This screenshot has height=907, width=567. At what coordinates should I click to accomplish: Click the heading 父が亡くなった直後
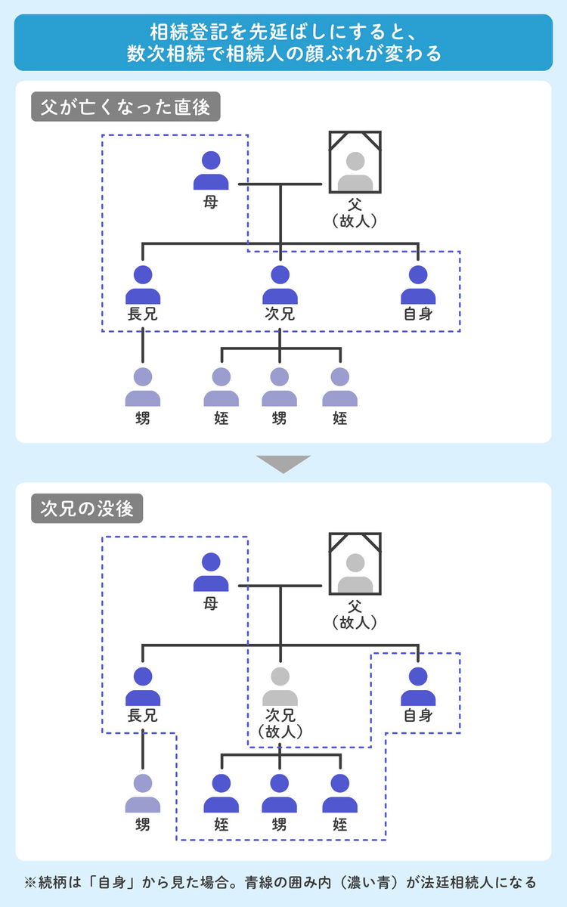coord(125,107)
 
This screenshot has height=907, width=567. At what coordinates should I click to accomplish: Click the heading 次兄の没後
coord(87,509)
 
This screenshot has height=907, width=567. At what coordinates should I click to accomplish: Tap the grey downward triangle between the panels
coord(283,463)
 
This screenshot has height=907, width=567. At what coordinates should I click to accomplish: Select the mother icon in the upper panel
coord(211,172)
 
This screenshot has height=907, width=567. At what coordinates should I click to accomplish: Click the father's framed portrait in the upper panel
coord(355,162)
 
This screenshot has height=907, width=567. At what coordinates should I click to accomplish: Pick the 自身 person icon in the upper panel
coord(418,285)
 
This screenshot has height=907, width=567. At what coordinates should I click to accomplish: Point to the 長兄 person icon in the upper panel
coord(143,285)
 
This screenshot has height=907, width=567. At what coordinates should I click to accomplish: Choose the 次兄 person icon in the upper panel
coord(280,285)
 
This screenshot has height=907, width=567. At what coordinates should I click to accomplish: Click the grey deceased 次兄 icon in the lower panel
coord(280,686)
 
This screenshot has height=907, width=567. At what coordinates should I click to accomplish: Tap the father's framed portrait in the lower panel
coord(355,563)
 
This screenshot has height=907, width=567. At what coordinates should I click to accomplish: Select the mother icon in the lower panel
coord(211,573)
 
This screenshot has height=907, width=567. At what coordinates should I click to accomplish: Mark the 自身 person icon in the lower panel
coord(418,686)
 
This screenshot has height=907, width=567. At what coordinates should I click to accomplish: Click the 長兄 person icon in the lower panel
coord(143,686)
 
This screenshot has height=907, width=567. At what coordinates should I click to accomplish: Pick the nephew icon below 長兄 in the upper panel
coord(143,387)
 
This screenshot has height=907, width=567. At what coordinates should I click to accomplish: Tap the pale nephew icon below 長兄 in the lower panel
coord(143,793)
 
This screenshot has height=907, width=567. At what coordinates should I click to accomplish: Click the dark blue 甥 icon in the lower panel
coord(280,793)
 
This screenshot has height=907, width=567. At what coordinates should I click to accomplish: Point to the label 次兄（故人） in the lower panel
coord(280,723)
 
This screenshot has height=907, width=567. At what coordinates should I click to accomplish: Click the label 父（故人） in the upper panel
coord(355,212)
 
